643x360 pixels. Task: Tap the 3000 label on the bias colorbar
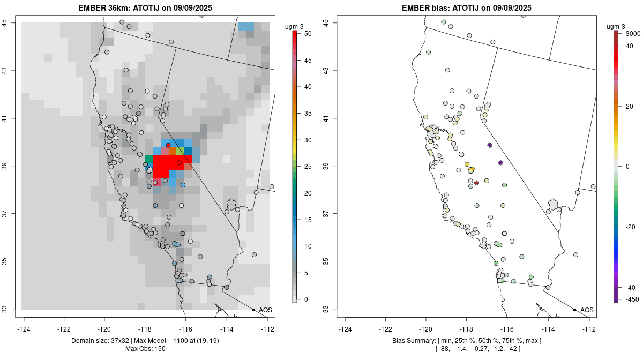pyautogui.click(x=633, y=33)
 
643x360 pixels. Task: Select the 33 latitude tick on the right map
pyautogui.click(x=333, y=309)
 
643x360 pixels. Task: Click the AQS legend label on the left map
pyautogui.click(x=265, y=310)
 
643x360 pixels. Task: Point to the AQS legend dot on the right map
pyautogui.click(x=574, y=310)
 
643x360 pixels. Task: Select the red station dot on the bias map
pyautogui.click(x=476, y=183)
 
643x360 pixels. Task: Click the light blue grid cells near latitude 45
pyautogui.click(x=246, y=26)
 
